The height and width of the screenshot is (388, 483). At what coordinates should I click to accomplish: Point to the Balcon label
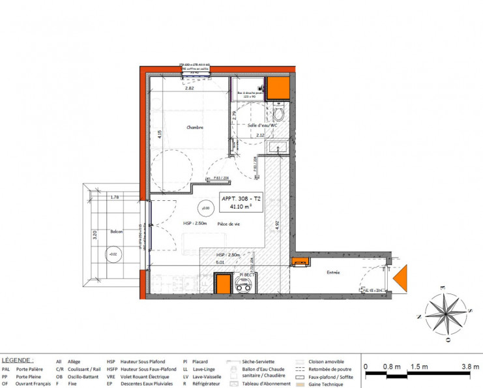117,231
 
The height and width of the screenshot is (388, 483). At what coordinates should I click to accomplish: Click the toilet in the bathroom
279,114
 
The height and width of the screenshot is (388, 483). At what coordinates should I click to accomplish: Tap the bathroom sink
280,147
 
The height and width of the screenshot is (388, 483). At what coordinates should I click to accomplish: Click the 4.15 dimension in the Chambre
159,135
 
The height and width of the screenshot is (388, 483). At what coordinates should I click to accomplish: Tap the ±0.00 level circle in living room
206,208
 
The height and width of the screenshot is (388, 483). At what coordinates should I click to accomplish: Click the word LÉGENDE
18,360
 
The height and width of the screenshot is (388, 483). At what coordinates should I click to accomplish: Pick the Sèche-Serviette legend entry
259,361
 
